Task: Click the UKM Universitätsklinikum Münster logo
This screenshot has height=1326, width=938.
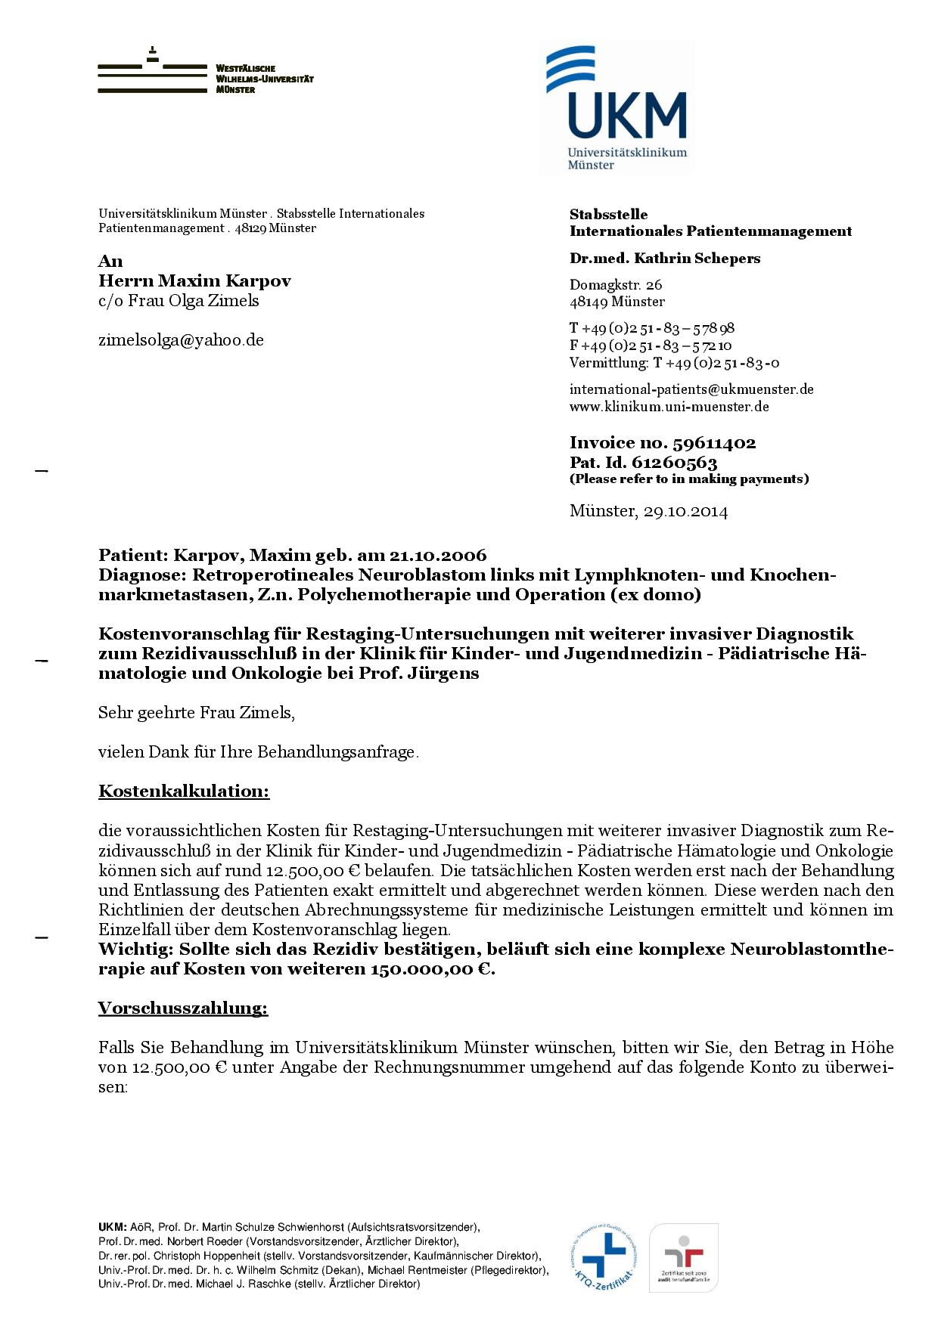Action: (617, 107)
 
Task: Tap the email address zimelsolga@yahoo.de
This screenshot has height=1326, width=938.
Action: (181, 340)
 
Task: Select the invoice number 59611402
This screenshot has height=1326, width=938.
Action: (713, 443)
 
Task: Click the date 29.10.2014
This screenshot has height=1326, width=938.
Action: (685, 512)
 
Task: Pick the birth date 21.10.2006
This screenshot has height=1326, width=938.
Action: (438, 556)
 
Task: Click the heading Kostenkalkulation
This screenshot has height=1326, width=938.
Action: (184, 792)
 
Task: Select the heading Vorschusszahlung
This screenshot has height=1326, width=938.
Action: (183, 1008)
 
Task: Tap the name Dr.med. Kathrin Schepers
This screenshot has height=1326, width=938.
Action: (665, 259)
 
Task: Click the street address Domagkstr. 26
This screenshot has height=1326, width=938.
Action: (616, 285)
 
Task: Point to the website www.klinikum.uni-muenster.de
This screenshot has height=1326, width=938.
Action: (669, 407)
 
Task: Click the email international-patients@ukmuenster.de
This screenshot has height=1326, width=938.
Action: (691, 389)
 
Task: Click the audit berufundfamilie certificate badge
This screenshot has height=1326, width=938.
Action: (684, 1257)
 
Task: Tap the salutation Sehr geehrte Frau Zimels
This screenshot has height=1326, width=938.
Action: (197, 713)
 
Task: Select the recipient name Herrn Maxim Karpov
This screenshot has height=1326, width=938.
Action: (194, 281)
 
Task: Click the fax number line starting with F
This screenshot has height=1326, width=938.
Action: (651, 345)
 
